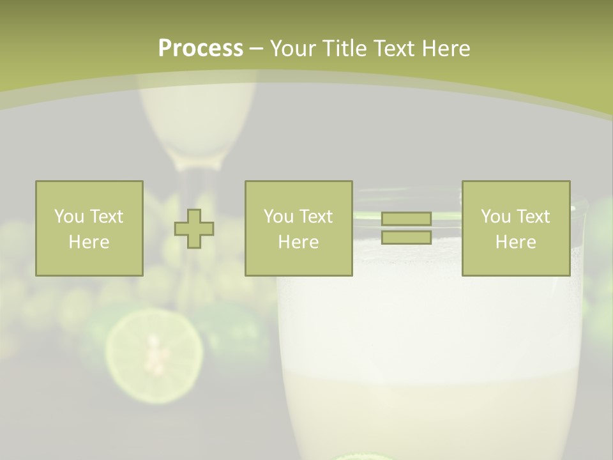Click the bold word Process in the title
(201, 49)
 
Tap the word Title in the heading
(342, 49)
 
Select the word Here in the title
(445, 49)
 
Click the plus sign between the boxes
(194, 229)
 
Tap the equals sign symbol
(406, 228)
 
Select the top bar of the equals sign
(406, 219)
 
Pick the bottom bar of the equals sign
(406, 237)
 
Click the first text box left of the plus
(89, 228)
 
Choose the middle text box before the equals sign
(298, 228)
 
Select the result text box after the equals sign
(515, 228)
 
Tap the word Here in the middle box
(298, 242)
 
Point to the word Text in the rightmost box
(533, 217)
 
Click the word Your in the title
(291, 49)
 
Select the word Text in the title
(392, 49)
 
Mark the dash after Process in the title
(256, 49)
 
